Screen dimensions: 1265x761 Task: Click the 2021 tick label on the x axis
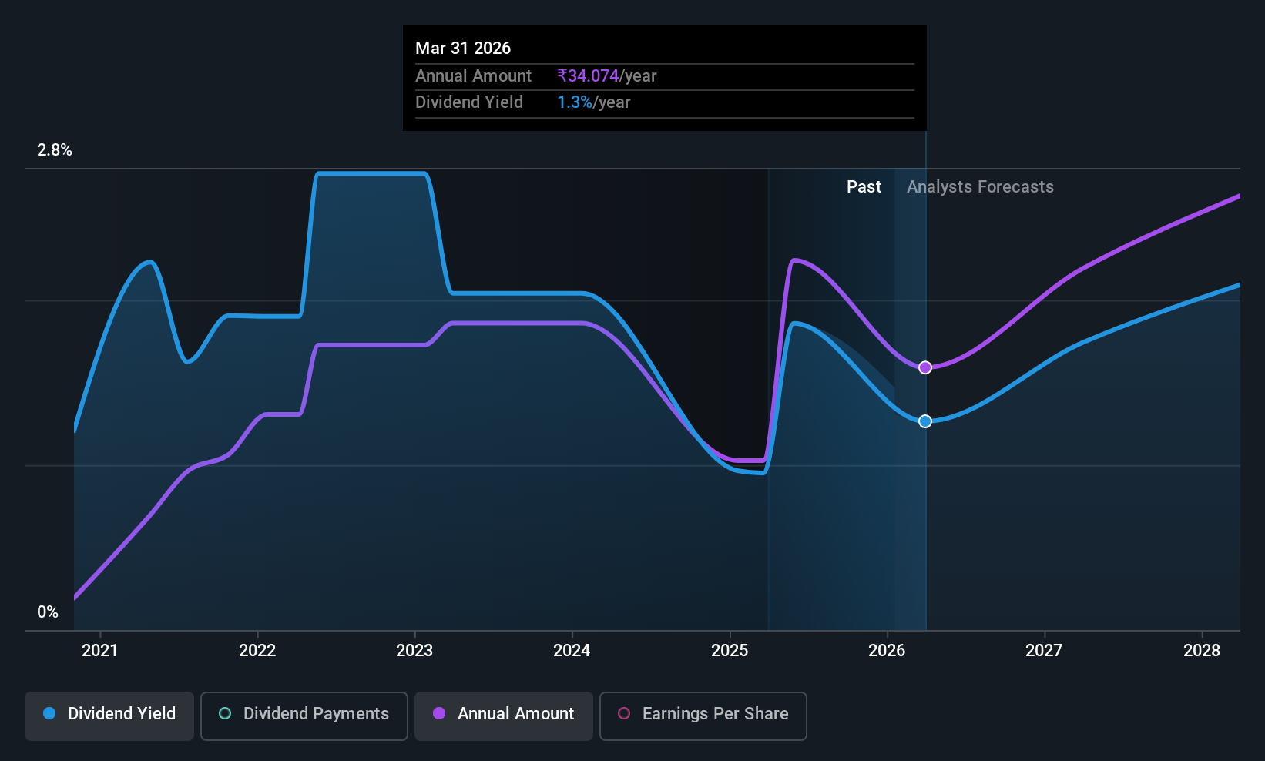[100, 650]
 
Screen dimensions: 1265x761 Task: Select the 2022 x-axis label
[257, 650]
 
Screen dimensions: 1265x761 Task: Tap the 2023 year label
[414, 650]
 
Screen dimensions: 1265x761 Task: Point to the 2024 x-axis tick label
[572, 650]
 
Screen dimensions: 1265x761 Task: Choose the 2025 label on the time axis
[730, 650]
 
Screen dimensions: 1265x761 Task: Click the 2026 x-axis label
[887, 650]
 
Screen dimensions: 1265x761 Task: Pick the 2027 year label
[1044, 650]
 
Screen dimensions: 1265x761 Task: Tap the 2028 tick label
[1202, 650]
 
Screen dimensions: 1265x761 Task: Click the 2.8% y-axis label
[55, 150]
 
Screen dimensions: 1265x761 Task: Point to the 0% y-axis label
[48, 612]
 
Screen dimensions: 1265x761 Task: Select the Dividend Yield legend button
[109, 716]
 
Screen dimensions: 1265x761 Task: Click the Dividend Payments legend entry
[304, 716]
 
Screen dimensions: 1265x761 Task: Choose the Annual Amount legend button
[504, 716]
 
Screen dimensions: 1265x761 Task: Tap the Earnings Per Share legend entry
[703, 716]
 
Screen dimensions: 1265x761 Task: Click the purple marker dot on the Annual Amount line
[925, 367]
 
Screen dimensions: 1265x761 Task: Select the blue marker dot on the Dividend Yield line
[925, 421]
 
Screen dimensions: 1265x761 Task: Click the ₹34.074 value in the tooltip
[588, 75]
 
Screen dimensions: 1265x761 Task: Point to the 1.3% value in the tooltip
[574, 102]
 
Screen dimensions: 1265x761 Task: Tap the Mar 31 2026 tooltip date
[463, 48]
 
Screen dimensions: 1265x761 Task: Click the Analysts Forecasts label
[981, 187]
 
